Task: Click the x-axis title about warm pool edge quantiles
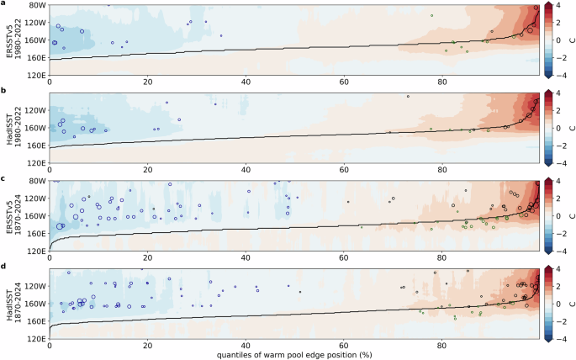[x=294, y=354]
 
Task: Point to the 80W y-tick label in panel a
[x=35, y=7]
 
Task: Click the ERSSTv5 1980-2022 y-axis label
[x=11, y=41]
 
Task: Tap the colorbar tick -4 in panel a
[x=561, y=76]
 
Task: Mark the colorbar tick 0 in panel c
[x=562, y=216]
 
